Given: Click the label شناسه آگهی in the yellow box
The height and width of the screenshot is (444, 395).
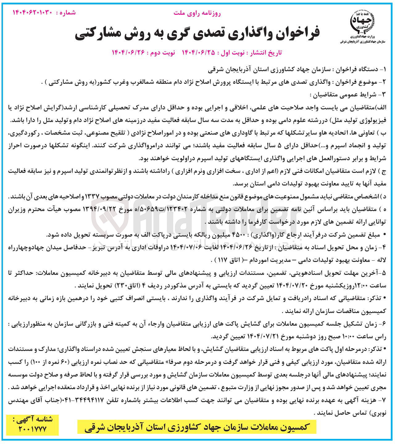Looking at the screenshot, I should pos(32,419).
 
